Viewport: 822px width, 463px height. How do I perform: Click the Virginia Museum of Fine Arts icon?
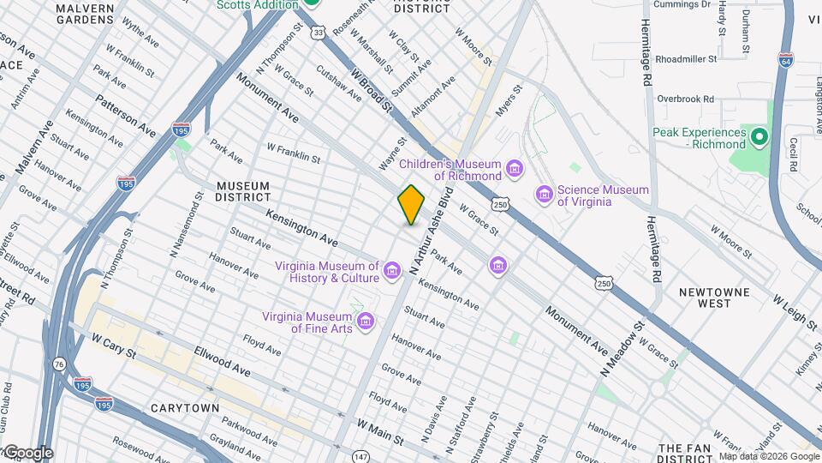366,322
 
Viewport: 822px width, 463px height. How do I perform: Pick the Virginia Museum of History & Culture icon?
392,272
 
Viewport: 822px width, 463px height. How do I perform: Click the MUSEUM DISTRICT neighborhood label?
243,191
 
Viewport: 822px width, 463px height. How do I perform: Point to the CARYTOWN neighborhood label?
183,408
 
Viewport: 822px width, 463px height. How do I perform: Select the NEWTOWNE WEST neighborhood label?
714,298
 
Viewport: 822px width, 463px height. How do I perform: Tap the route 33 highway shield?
319,32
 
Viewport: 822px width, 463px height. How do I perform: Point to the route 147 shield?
361,457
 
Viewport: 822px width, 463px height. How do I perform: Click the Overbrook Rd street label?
685,99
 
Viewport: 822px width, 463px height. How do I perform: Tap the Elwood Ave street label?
222,361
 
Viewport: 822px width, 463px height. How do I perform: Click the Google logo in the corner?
27,453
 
